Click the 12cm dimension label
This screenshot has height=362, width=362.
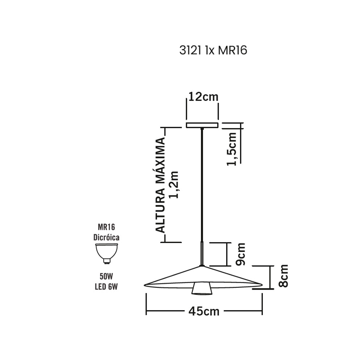[203, 97]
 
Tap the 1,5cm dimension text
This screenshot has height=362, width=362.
[232, 149]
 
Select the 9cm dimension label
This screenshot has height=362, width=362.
[240, 254]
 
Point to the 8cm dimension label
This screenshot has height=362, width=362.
[283, 276]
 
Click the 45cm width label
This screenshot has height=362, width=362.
[204, 312]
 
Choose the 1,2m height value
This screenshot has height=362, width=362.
[174, 185]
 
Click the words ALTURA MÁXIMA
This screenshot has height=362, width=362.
[161, 185]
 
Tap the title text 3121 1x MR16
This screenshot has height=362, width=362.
[213, 51]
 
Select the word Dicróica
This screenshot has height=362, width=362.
[106, 237]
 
